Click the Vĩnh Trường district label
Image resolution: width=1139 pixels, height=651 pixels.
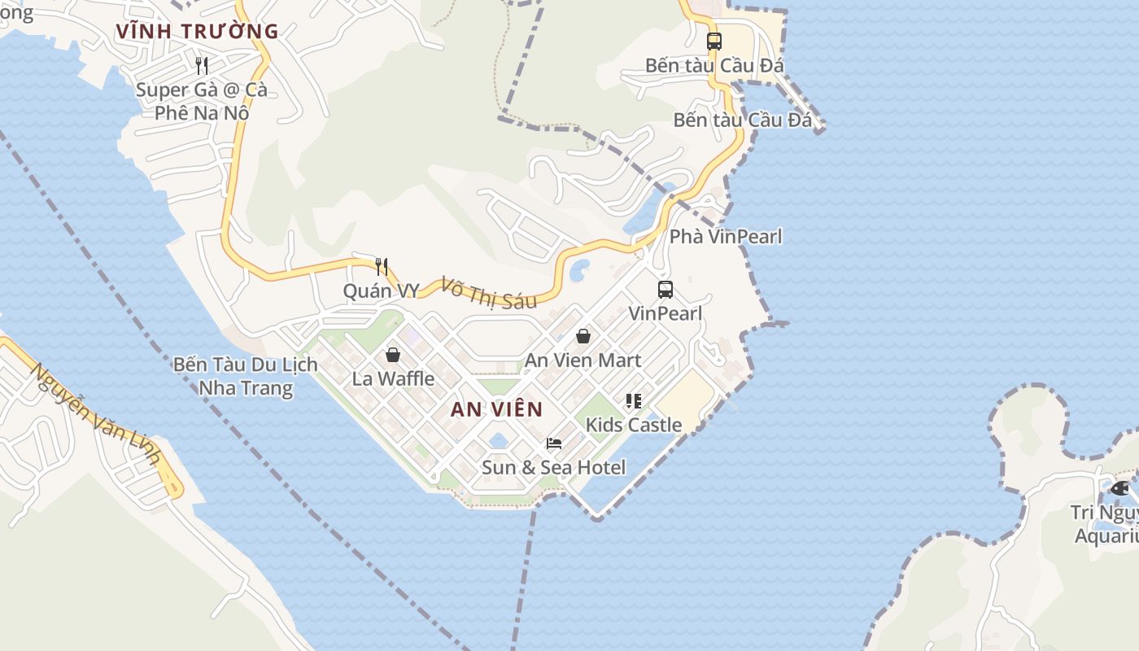(x=198, y=32)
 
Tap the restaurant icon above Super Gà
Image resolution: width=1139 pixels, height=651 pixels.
(x=202, y=65)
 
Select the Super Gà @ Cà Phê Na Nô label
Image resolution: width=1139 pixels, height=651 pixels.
(x=202, y=101)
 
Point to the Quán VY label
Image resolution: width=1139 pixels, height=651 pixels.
(x=381, y=291)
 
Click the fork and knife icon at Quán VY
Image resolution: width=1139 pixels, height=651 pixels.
(x=381, y=266)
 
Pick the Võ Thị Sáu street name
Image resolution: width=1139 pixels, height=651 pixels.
(x=488, y=293)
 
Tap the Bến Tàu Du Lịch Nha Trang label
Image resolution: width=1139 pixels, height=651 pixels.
(x=246, y=376)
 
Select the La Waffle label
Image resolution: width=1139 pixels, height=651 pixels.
(x=393, y=378)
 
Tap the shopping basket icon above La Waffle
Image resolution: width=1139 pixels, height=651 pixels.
(x=393, y=355)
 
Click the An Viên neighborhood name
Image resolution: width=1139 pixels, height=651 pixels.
(x=496, y=409)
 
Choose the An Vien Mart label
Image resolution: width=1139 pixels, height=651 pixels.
(x=583, y=360)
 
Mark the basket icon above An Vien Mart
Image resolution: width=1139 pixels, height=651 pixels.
(x=583, y=336)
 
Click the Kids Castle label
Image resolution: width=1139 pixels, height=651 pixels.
(x=634, y=425)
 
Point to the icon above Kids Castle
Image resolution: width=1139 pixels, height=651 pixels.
(x=634, y=400)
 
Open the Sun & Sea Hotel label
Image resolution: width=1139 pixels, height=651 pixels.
(x=554, y=467)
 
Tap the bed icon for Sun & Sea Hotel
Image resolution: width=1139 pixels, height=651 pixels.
(x=554, y=443)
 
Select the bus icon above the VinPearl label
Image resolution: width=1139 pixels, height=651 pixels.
(x=665, y=290)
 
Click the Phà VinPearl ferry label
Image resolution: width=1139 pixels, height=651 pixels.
(x=726, y=237)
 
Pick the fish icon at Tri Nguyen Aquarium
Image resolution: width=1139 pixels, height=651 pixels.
(x=1120, y=488)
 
